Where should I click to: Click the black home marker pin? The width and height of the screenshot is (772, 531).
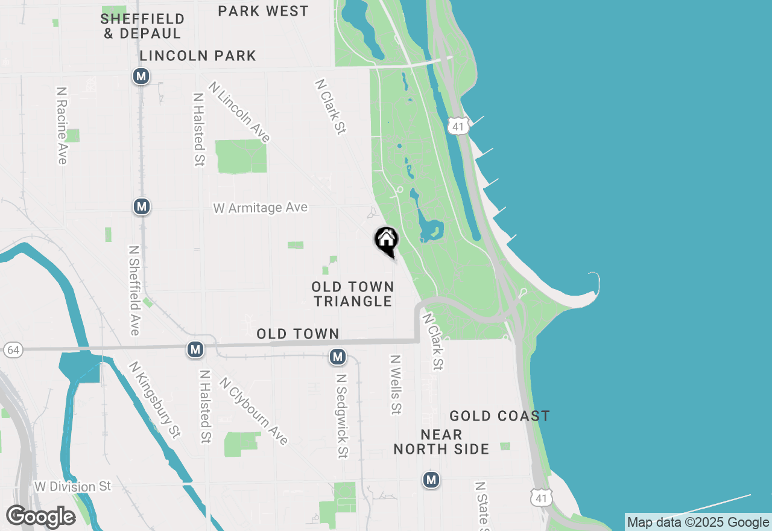pyautogui.click(x=387, y=241)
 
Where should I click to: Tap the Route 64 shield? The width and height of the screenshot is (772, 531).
pyautogui.click(x=12, y=349)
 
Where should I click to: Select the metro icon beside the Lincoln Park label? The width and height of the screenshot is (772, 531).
pyautogui.click(x=141, y=76)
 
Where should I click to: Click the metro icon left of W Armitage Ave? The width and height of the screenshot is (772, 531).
pyautogui.click(x=141, y=206)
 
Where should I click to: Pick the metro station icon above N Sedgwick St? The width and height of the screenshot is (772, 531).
pyautogui.click(x=338, y=357)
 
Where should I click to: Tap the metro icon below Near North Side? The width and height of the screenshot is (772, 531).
pyautogui.click(x=431, y=480)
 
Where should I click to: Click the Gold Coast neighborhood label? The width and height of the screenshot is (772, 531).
pyautogui.click(x=499, y=416)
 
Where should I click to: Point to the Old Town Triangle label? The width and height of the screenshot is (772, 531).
pyautogui.click(x=353, y=294)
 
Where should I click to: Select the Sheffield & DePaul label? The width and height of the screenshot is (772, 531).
pyautogui.click(x=142, y=26)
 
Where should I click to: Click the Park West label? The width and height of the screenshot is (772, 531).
pyautogui.click(x=264, y=11)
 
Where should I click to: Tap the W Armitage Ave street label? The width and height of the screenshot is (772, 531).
pyautogui.click(x=260, y=208)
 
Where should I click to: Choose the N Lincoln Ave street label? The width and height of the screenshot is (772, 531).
pyautogui.click(x=239, y=112)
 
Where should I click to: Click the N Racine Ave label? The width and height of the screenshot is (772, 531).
pyautogui.click(x=62, y=125)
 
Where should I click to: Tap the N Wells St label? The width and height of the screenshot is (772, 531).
pyautogui.click(x=396, y=384)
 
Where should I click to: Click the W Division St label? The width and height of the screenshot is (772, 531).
pyautogui.click(x=73, y=486)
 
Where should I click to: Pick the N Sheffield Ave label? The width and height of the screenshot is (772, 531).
pyautogui.click(x=134, y=290)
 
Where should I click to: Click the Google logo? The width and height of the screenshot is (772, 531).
pyautogui.click(x=40, y=517)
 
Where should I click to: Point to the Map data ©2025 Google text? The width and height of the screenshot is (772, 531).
pyautogui.click(x=698, y=523)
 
